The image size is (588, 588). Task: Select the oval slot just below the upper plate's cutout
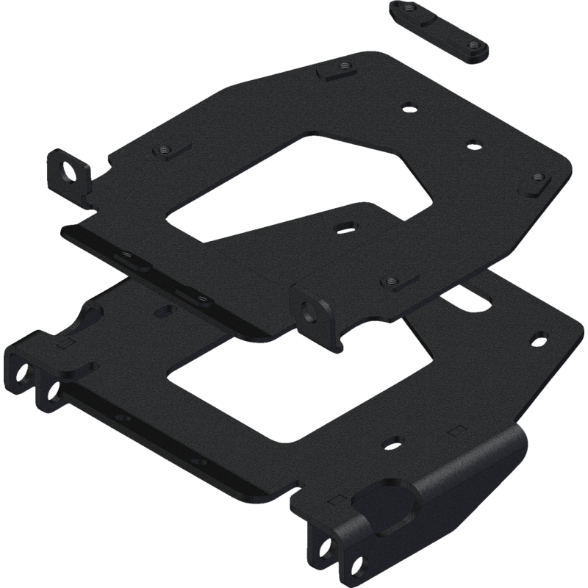click(344, 226)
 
